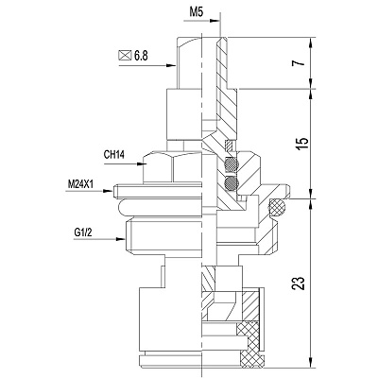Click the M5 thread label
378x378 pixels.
click(197, 12)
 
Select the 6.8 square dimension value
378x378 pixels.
click(141, 56)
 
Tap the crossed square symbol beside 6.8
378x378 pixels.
click(125, 56)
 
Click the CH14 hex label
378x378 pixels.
click(114, 155)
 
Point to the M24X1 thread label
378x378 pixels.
click(80, 184)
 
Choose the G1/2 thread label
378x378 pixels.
click(83, 232)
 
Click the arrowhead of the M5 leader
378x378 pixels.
click(215, 21)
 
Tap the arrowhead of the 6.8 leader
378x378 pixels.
click(171, 65)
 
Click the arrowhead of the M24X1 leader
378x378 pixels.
click(108, 191)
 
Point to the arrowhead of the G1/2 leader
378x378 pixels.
click(121, 239)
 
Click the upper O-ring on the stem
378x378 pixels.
click(232, 164)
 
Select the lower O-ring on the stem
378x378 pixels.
click(232, 183)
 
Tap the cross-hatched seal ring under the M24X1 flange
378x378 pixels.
click(277, 208)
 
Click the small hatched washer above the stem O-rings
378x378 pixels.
click(229, 145)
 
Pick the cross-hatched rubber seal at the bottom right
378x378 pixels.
click(249, 345)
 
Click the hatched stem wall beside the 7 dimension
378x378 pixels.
click(222, 63)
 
